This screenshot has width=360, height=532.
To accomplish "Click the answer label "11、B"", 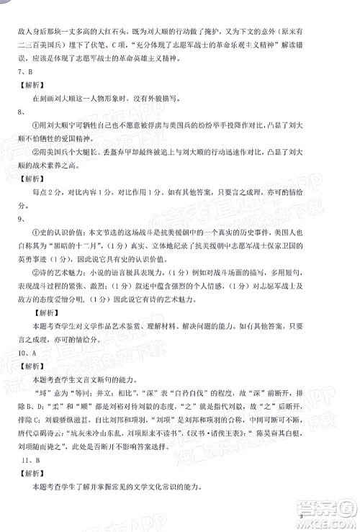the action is pyautogui.click(x=28, y=478).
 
